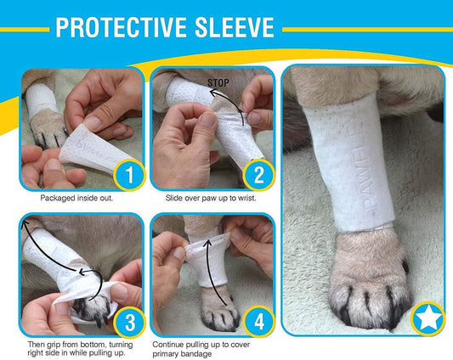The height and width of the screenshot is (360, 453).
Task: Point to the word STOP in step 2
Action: tap(218, 83)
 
